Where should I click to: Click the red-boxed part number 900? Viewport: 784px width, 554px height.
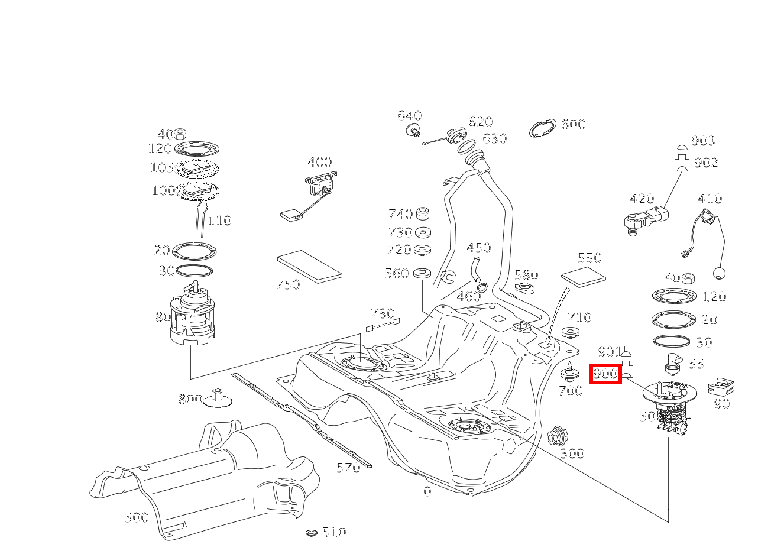(605, 374)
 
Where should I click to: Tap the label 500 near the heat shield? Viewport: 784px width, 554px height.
(137, 517)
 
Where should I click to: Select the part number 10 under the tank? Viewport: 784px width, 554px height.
(423, 491)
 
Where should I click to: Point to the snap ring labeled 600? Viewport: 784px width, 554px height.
(542, 128)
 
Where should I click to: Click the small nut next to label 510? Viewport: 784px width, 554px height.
(312, 533)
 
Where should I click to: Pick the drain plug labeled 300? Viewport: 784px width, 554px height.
(556, 437)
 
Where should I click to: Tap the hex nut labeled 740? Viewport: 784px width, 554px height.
(423, 214)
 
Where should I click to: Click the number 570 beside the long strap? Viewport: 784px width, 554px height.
(348, 468)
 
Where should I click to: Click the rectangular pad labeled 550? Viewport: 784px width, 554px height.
(583, 276)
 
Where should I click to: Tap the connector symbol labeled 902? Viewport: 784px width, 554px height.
(682, 163)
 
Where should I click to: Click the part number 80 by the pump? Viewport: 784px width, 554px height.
(163, 317)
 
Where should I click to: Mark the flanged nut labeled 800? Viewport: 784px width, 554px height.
(217, 400)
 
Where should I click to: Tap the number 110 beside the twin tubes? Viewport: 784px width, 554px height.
(219, 221)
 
